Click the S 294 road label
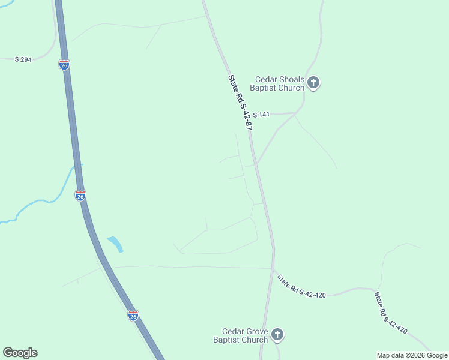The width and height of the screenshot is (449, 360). point(23,59)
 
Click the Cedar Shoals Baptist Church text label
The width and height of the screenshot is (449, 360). point(280,83)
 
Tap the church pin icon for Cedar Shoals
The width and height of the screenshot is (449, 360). point(313,83)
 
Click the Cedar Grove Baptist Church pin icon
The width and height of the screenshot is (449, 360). point(277,334)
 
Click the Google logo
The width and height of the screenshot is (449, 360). point(20,353)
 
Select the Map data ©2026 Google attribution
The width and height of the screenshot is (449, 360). point(412,355)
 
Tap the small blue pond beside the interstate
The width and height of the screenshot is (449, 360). point(115,244)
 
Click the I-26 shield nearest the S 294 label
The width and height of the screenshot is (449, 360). point(64,64)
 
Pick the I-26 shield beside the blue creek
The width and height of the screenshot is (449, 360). point(80,195)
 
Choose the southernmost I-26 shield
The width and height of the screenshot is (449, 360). point(133,315)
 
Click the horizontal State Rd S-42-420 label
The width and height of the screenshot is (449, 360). point(301,287)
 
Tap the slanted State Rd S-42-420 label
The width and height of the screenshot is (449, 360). point(391,313)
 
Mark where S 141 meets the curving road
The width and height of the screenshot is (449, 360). point(295,113)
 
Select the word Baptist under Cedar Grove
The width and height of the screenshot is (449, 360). point(231,340)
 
